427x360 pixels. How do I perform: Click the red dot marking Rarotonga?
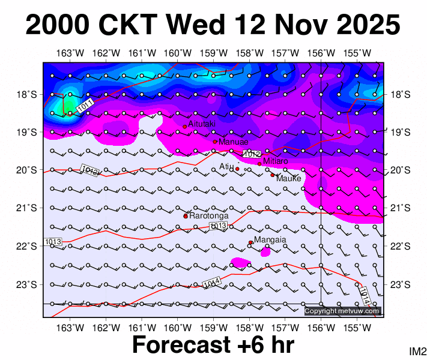(186, 216)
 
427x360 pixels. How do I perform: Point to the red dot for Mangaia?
(250, 242)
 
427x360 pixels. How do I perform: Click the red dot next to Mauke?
(272, 175)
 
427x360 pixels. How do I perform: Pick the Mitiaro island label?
(276, 161)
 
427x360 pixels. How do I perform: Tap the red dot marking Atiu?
(237, 169)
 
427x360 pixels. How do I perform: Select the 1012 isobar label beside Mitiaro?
(252, 154)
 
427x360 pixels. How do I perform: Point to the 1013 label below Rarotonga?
(219, 226)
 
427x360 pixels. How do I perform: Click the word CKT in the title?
(128, 25)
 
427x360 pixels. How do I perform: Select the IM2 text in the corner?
(417, 351)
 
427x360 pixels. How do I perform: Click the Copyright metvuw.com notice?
(342, 311)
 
